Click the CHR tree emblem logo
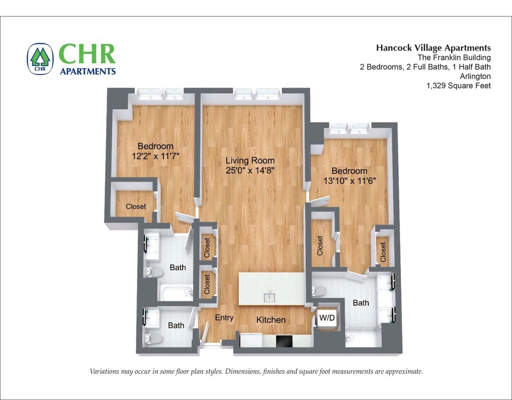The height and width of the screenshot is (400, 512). [x=40, y=59]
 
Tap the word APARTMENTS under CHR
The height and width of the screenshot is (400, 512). [x=88, y=72]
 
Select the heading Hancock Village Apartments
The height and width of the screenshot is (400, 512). [x=433, y=48]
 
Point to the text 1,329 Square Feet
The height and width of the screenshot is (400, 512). [x=458, y=86]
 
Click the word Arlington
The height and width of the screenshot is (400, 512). [x=475, y=76]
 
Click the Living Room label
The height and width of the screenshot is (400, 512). [x=250, y=160]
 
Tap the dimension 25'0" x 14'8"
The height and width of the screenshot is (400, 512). [x=250, y=170]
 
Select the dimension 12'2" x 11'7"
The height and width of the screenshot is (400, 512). [x=155, y=155]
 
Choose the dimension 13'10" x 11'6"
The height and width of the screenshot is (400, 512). [x=349, y=181]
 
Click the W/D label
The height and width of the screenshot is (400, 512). [x=327, y=317]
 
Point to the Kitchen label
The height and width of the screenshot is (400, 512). [x=271, y=320]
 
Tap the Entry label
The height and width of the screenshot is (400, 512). [x=224, y=318]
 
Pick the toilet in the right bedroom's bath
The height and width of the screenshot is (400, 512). [x=320, y=291]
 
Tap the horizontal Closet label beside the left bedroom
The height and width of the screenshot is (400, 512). [x=136, y=206]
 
